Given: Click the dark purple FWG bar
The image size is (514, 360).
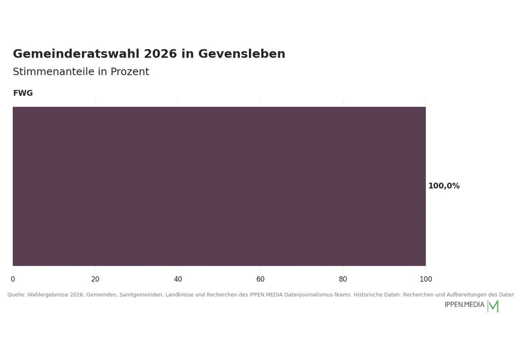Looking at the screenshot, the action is (219, 186).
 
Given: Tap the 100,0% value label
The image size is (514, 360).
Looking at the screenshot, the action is (444, 186).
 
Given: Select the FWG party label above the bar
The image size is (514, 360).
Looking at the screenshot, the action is (23, 93).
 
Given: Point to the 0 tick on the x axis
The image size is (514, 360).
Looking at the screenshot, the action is (13, 279).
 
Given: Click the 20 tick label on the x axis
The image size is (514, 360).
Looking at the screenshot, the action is (96, 279).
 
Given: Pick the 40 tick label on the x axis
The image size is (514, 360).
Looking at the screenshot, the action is (178, 279).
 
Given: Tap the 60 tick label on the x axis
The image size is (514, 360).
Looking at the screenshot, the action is (261, 279).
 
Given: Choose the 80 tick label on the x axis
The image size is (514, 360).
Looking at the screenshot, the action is (343, 279).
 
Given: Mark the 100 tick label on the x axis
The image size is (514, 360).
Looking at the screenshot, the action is (426, 279).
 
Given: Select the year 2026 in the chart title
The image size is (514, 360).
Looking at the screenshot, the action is (160, 54).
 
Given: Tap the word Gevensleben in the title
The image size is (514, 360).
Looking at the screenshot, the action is (242, 54).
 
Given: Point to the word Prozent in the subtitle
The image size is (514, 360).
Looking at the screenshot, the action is (130, 72).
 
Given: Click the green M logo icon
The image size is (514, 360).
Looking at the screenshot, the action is (493, 307).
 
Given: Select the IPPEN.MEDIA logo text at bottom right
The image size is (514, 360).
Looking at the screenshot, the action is (465, 304).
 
